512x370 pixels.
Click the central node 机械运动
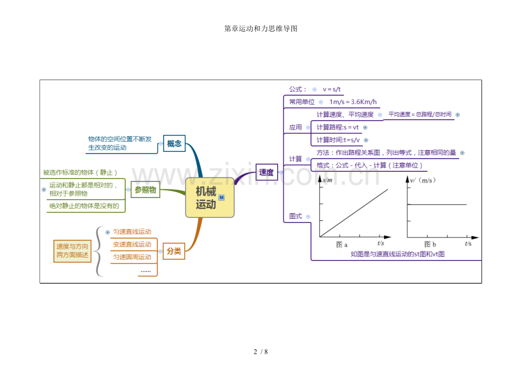tap(209, 198)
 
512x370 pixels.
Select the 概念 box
tap(174, 144)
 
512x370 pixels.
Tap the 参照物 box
tap(145, 190)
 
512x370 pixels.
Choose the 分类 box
tap(174, 251)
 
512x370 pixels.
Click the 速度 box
tap(266, 172)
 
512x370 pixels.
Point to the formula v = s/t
tap(332, 89)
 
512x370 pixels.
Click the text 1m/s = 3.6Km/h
tap(353, 102)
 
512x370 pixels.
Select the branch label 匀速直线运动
tap(132, 231)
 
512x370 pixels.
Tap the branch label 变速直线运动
tap(132, 244)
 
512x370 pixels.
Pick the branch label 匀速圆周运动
tap(132, 257)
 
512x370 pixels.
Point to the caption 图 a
tap(342, 244)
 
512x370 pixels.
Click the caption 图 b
tap(430, 244)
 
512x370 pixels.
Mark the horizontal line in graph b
tap(437, 204)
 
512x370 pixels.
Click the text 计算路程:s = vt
tap(337, 127)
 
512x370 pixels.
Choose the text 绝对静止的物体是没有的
tap(84, 206)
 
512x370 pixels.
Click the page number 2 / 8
tap(260, 352)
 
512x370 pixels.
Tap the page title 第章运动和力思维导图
tap(260, 28)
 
